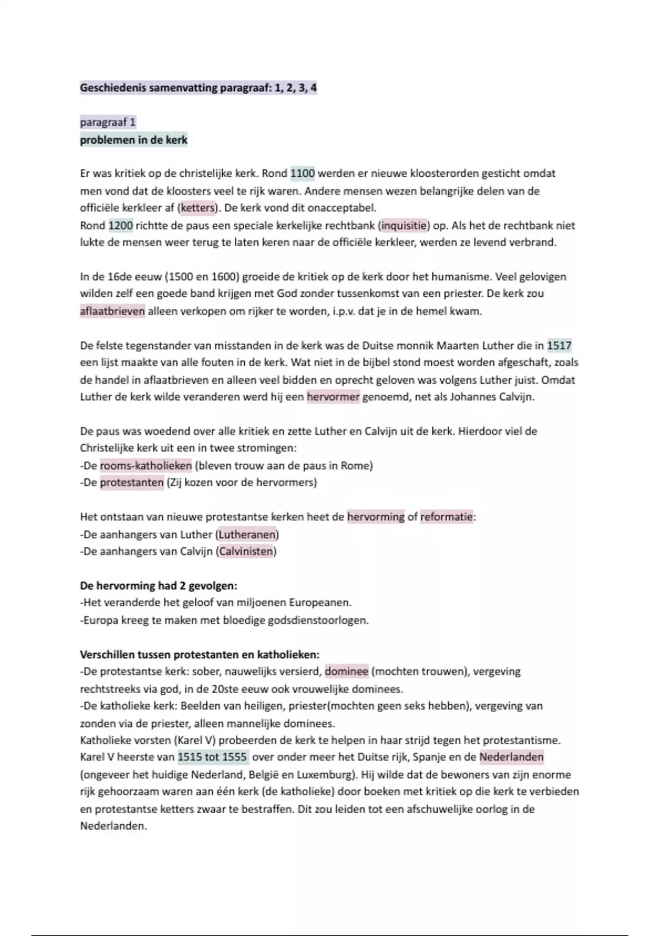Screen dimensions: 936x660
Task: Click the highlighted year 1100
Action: point(302,174)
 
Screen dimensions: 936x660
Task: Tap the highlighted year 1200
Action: point(120,226)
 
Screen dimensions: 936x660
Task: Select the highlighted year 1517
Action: point(559,346)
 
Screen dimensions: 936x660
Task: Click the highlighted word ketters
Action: point(197,208)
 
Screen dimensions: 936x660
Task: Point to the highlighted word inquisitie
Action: point(404,226)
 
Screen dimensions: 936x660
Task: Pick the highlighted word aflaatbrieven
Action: point(113,312)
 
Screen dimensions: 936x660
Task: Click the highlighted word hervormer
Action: point(333,397)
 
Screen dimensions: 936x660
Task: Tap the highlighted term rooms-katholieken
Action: point(146,466)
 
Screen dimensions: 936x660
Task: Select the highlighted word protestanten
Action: point(132,483)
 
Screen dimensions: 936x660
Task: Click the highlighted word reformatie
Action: point(447,518)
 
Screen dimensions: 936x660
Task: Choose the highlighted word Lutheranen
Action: point(248,535)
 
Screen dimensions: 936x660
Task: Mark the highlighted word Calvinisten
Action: point(246,552)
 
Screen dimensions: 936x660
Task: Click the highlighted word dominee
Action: point(346,672)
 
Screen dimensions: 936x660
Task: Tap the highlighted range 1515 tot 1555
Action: point(212,758)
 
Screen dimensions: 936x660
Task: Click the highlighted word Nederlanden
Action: point(512,758)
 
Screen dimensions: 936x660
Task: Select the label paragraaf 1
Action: point(108,122)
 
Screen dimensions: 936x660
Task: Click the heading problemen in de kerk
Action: point(134,140)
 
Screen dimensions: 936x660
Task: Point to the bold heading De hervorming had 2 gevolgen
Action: point(158,586)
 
